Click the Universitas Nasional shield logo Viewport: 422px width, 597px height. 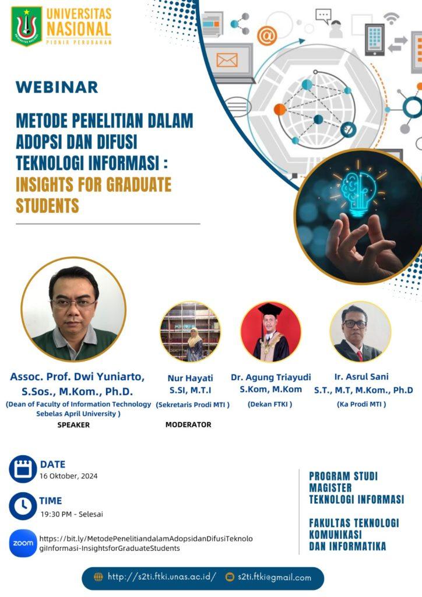point(26,26)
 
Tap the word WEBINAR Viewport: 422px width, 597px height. point(57,87)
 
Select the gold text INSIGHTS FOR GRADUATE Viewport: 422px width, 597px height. point(93,185)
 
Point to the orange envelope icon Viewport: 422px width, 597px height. point(227,59)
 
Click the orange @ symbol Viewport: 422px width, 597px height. point(266,36)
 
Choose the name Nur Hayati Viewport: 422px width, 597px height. point(190,378)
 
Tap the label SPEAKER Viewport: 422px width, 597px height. point(73,425)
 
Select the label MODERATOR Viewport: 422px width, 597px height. point(188,424)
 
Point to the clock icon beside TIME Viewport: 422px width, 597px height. point(23,505)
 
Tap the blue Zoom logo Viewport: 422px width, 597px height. point(23,543)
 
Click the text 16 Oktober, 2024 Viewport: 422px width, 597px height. point(69,476)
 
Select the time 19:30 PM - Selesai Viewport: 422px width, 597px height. point(72,514)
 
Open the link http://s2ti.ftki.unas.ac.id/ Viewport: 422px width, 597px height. point(161,577)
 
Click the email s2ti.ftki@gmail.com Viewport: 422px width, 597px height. point(274,577)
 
